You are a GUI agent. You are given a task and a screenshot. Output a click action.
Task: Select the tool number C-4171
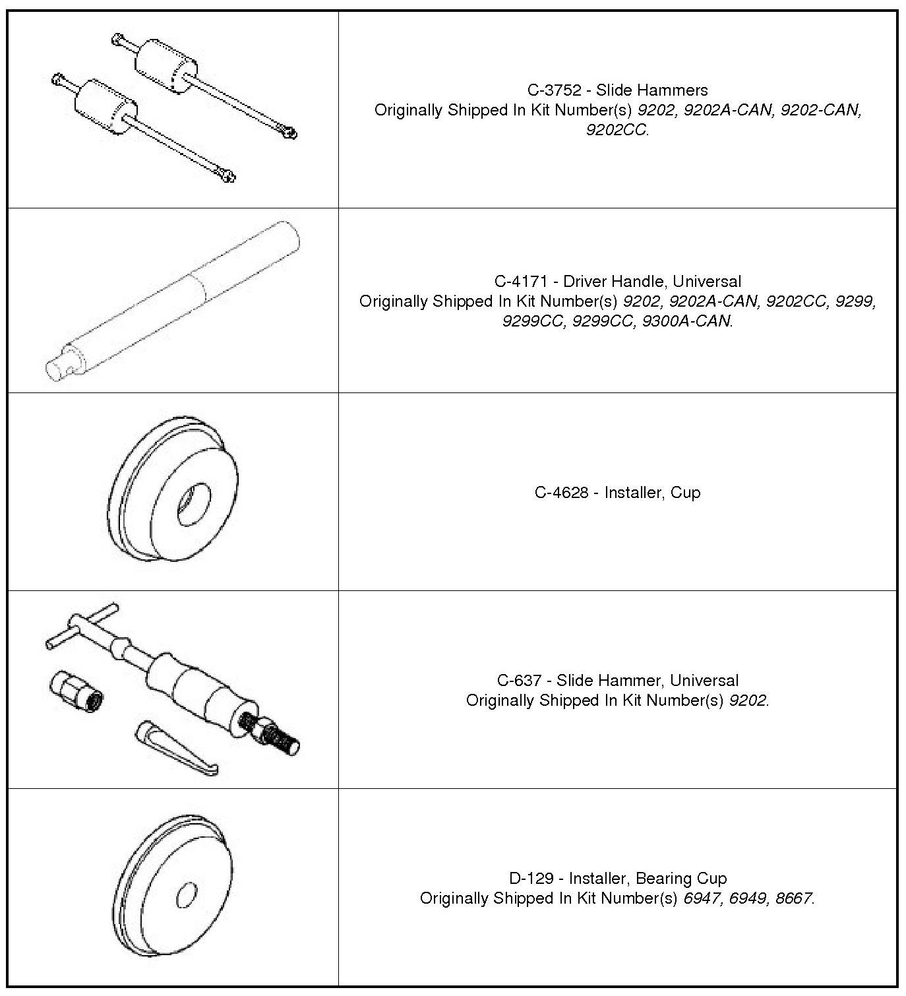(x=521, y=282)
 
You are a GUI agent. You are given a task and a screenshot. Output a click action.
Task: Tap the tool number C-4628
(x=561, y=493)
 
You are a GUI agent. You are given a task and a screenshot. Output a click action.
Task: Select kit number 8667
(x=793, y=898)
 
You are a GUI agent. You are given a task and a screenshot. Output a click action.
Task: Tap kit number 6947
(x=702, y=898)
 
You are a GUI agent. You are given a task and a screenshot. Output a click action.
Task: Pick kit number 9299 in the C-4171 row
(x=855, y=301)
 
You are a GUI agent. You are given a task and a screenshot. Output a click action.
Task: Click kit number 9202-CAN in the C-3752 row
(x=821, y=110)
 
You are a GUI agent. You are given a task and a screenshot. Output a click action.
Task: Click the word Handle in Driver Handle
(x=639, y=282)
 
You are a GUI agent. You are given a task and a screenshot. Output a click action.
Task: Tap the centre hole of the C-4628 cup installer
(x=193, y=505)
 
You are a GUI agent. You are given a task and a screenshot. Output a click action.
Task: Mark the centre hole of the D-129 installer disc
(x=187, y=895)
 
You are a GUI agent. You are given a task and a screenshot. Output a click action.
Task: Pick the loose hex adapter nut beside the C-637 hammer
(x=76, y=689)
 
